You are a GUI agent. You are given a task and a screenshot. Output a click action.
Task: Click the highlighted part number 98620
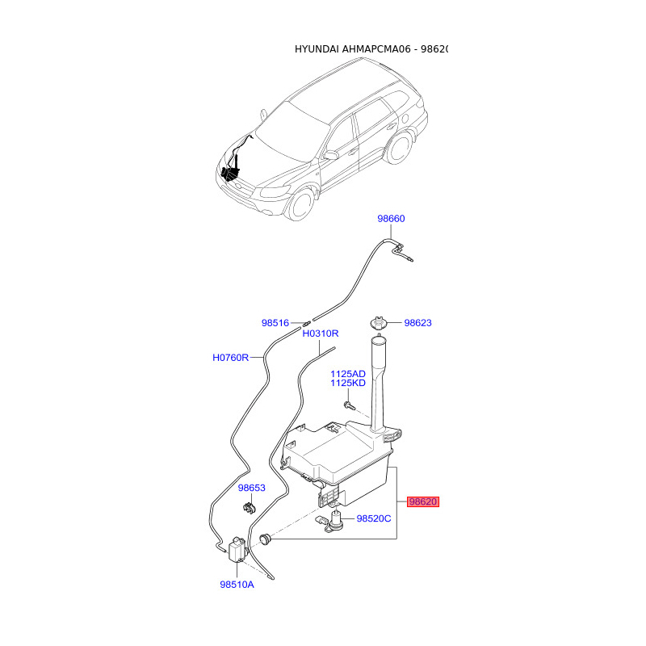[x=422, y=501]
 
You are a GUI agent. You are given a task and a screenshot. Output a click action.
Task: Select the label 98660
[x=391, y=219]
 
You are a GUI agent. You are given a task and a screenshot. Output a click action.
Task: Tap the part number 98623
[x=418, y=323]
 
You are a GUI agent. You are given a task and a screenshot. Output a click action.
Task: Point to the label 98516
[x=275, y=323]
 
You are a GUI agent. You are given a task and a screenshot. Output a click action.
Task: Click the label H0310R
[x=321, y=333]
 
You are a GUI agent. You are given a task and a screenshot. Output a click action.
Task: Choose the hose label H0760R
[x=231, y=357]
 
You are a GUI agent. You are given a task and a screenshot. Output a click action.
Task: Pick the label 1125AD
[x=347, y=374]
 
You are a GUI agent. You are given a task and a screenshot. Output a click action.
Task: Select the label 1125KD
[x=347, y=384]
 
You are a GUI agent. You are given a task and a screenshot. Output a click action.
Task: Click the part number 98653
[x=251, y=489]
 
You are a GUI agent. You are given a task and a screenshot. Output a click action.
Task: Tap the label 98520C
[x=374, y=518]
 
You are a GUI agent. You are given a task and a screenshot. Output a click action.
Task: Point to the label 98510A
[x=237, y=584]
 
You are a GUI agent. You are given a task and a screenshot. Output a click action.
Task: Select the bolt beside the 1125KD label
[x=348, y=403]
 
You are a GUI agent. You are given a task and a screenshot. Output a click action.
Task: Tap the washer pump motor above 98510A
[x=237, y=550]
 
